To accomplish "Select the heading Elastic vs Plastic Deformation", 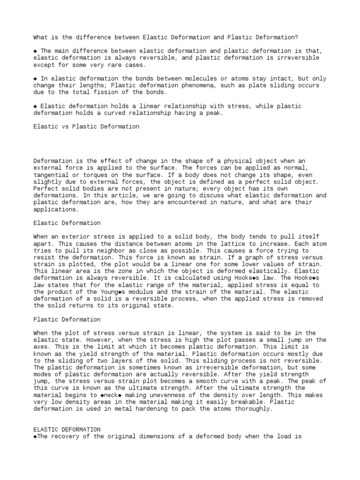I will pos(86,127).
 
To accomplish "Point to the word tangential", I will pos(52,175).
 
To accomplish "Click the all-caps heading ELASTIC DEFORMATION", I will pos(67,429).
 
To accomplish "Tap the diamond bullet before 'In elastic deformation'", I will pos(36,78).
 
